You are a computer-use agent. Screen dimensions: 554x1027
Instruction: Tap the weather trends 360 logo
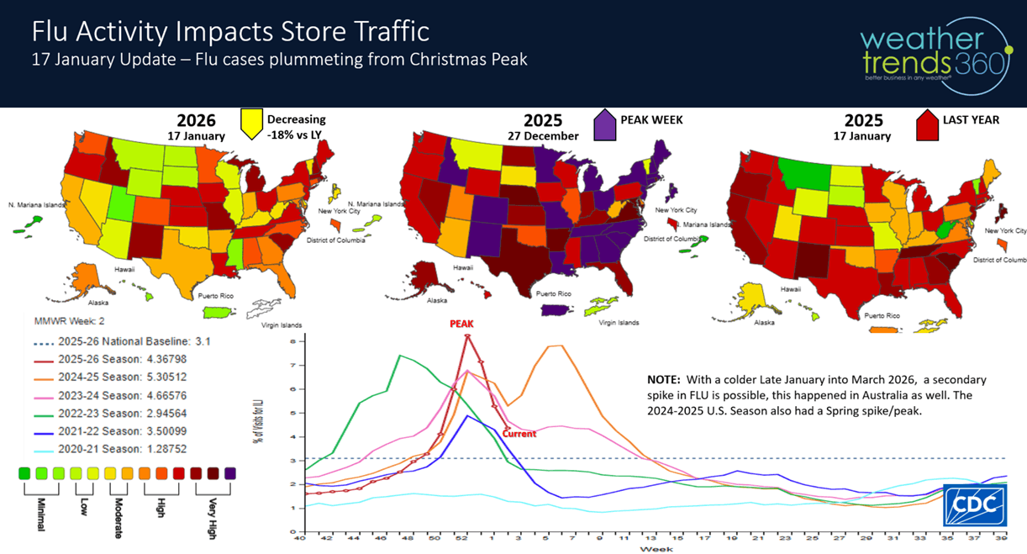click(934, 52)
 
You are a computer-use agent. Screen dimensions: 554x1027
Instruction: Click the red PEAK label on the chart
click(462, 323)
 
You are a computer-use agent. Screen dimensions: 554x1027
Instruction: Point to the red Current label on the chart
click(519, 434)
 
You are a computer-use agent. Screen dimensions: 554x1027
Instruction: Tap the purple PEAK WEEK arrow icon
click(606, 127)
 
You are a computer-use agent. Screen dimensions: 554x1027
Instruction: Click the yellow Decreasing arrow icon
click(250, 125)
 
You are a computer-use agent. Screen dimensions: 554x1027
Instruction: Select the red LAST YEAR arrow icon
click(928, 127)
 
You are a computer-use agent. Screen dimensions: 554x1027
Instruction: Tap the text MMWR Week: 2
click(69, 321)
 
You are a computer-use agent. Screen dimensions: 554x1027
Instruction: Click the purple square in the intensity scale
click(230, 473)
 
